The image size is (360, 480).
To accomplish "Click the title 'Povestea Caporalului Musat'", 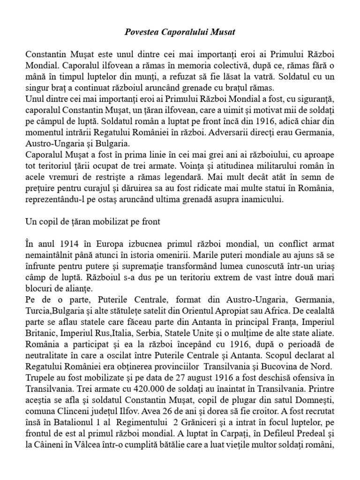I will click(180, 32).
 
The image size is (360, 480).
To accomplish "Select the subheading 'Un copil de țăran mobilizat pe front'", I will click(93, 222).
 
